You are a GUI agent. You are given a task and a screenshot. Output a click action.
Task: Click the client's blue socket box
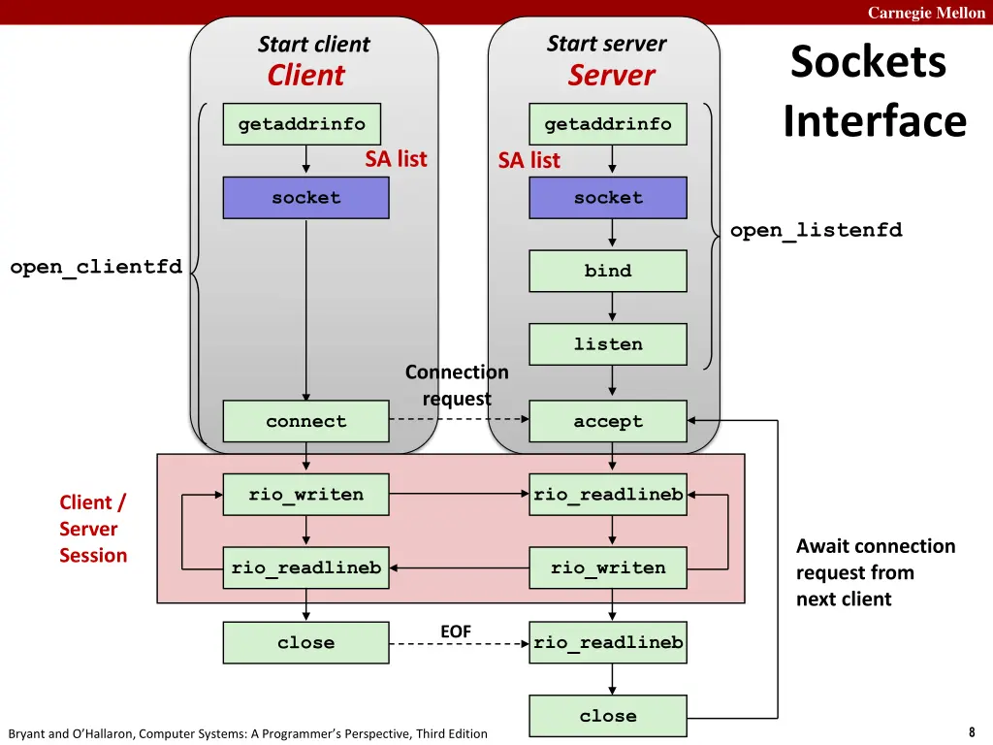(x=305, y=198)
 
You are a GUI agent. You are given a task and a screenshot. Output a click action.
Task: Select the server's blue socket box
(x=608, y=198)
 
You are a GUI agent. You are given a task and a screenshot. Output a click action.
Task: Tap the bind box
(x=608, y=272)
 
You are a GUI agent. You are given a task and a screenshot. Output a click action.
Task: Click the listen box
(x=608, y=344)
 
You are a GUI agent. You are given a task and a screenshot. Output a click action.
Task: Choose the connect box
(x=305, y=421)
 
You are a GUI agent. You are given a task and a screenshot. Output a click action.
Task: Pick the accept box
(x=608, y=421)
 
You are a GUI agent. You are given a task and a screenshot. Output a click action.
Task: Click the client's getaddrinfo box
(x=303, y=124)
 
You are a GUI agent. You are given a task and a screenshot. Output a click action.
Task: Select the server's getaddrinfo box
(x=608, y=124)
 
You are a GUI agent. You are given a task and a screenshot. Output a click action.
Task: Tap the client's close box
(x=305, y=643)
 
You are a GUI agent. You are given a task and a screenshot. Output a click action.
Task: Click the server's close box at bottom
(x=608, y=717)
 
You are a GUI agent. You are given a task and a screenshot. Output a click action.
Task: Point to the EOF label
(x=456, y=632)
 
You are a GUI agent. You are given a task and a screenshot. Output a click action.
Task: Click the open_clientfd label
(x=96, y=267)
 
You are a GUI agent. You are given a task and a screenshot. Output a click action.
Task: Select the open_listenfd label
(x=817, y=230)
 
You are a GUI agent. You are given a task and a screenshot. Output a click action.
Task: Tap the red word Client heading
(x=305, y=75)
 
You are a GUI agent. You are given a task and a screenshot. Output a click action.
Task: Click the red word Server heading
(x=611, y=75)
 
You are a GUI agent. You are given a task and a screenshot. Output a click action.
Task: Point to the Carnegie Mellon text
(x=926, y=13)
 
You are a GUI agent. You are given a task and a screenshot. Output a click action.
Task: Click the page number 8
(x=972, y=732)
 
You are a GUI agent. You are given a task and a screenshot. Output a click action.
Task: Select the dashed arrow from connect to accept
(x=459, y=419)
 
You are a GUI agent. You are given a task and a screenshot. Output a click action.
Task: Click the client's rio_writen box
(x=305, y=495)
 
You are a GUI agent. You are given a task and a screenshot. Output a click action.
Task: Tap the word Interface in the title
(x=875, y=120)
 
